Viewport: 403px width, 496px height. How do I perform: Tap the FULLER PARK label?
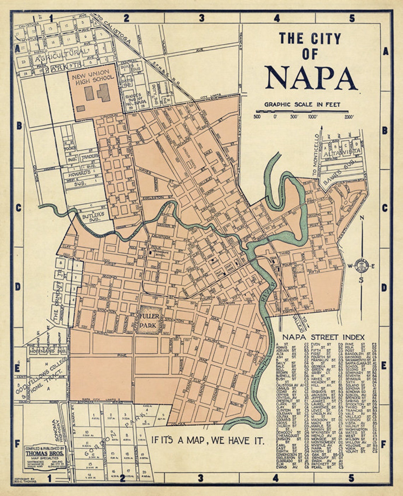tap(150, 321)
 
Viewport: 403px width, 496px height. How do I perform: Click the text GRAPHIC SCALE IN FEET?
tap(302, 104)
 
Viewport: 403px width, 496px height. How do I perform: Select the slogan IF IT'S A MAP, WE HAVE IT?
tap(208, 440)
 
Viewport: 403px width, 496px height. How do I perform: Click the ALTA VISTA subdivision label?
tap(341, 152)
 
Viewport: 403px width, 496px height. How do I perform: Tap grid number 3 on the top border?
tap(201, 18)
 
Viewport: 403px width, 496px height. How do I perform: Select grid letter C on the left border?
tap(18, 208)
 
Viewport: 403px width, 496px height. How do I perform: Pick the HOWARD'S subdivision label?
tap(81, 172)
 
